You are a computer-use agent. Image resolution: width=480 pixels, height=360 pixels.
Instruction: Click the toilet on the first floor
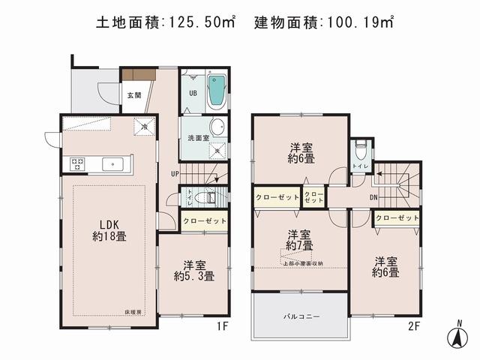(x=209, y=199)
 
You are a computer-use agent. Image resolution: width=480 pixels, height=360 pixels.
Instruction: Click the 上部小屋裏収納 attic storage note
(x=303, y=262)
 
